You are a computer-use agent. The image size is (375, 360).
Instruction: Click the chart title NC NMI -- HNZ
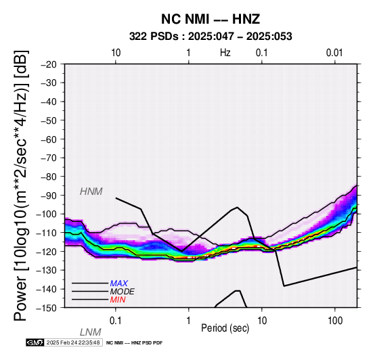pyautogui.click(x=211, y=19)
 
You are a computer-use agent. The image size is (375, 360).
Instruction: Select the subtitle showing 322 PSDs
pyautogui.click(x=211, y=37)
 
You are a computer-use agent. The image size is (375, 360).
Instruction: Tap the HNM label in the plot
pyautogui.click(x=91, y=192)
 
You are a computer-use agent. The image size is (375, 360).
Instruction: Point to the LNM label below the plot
pyautogui.click(x=91, y=332)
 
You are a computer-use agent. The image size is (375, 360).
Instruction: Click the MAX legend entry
pyautogui.click(x=118, y=284)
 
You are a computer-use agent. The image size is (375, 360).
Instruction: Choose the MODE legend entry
pyautogui.click(x=122, y=292)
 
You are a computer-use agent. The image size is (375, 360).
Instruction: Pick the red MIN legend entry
pyautogui.click(x=118, y=300)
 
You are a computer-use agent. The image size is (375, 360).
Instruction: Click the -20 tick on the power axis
pyautogui.click(x=49, y=64)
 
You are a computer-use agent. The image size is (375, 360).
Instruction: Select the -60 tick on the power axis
pyautogui.click(x=49, y=139)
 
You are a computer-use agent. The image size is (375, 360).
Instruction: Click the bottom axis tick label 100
pyautogui.click(x=335, y=321)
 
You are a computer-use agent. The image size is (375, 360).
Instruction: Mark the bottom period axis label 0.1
pyautogui.click(x=116, y=321)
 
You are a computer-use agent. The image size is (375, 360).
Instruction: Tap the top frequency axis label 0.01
pyautogui.click(x=334, y=53)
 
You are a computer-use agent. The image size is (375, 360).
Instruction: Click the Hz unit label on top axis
pyautogui.click(x=225, y=53)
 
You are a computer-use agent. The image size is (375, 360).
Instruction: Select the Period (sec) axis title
pyautogui.click(x=225, y=328)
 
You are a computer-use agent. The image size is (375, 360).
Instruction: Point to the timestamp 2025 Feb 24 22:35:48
pyautogui.click(x=73, y=342)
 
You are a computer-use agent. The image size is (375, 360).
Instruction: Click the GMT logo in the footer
pyautogui.click(x=35, y=342)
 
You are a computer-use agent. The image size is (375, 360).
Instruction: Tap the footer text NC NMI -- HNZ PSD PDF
pyautogui.click(x=135, y=343)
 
